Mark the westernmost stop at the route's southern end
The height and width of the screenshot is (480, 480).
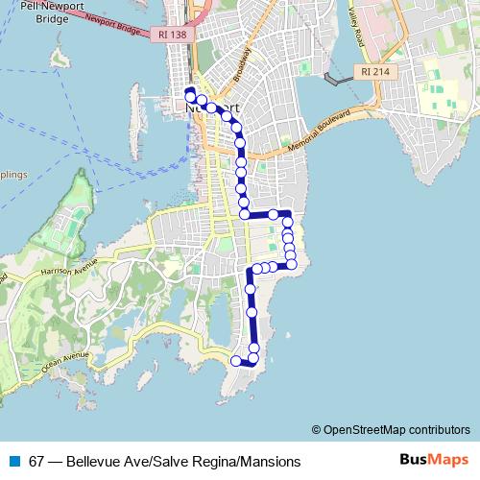point(235,361)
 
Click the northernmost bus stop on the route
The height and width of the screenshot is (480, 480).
point(189,93)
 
